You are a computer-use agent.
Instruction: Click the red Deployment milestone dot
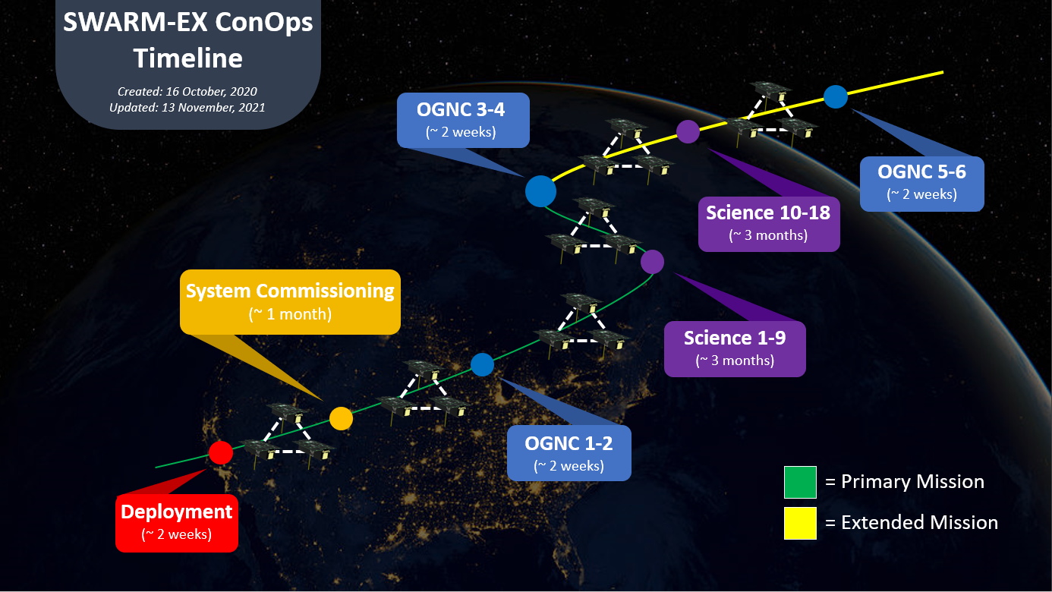(x=220, y=452)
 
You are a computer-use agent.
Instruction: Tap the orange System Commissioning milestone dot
(x=341, y=417)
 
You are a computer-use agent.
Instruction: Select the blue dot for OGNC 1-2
(x=482, y=365)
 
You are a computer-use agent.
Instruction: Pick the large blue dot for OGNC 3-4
(x=540, y=191)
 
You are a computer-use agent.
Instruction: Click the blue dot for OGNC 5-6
(x=836, y=96)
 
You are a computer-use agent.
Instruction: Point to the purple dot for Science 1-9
(x=652, y=262)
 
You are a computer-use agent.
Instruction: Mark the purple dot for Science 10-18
(x=688, y=131)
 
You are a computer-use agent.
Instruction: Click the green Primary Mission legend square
(x=800, y=482)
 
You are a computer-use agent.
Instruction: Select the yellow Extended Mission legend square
(x=800, y=523)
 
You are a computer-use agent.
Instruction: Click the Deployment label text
(x=177, y=512)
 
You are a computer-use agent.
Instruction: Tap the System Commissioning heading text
(x=290, y=291)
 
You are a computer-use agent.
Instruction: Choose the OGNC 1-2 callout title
(x=569, y=443)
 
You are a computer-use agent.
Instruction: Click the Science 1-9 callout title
(x=734, y=338)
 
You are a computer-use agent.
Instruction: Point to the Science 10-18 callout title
(x=768, y=213)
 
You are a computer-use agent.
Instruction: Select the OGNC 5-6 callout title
(x=921, y=172)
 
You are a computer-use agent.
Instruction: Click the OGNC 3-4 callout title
(x=461, y=110)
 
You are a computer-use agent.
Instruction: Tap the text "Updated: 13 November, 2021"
(x=187, y=108)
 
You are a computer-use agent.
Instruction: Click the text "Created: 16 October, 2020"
(x=187, y=91)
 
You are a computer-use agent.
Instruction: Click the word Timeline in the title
(x=188, y=58)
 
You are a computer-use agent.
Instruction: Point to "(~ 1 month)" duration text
(x=290, y=313)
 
